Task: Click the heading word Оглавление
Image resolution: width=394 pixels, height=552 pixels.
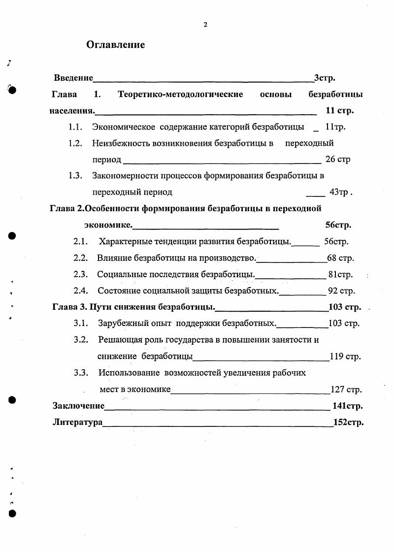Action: pos(116,45)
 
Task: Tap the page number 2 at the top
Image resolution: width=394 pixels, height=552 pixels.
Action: pos(205,25)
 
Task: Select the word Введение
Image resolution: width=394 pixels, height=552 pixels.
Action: pos(73,78)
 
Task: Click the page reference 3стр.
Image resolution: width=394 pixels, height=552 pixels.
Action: pos(325,78)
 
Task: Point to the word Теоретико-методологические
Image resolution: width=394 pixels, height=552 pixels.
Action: pos(180,94)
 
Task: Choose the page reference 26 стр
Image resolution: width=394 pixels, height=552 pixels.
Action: pos(338,160)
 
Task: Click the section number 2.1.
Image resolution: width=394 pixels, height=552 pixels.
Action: pos(80,242)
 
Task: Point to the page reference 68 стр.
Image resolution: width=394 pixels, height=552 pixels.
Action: pos(340,258)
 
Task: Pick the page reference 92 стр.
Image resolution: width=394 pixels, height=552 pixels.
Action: pos(341,291)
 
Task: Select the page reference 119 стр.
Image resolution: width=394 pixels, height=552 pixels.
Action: pos(345,357)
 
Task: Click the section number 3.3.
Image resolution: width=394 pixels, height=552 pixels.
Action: pos(81,373)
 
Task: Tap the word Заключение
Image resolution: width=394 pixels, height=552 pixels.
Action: pos(78,406)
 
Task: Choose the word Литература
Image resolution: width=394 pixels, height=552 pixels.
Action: pos(77,422)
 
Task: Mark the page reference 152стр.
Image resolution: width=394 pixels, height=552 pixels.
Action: pos(348,422)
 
